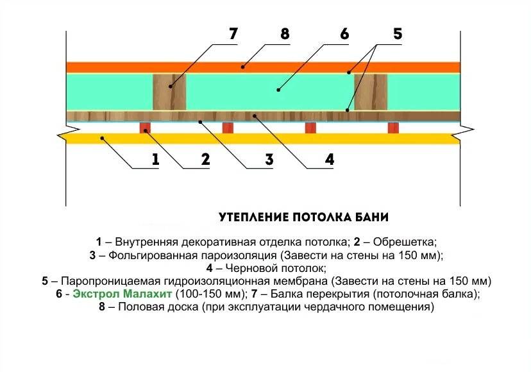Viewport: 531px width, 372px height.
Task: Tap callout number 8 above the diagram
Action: (285, 33)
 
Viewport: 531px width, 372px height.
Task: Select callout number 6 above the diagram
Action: (344, 33)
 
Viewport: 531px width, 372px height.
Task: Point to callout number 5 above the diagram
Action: (397, 33)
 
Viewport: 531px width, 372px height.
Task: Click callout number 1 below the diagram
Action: (155, 160)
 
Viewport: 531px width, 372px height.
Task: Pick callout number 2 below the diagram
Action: (205, 160)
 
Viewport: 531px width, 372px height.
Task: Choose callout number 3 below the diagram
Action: (269, 160)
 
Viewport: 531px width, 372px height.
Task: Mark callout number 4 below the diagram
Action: (329, 160)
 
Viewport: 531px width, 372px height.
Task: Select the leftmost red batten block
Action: (146, 128)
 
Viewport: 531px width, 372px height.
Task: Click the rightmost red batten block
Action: (393, 128)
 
